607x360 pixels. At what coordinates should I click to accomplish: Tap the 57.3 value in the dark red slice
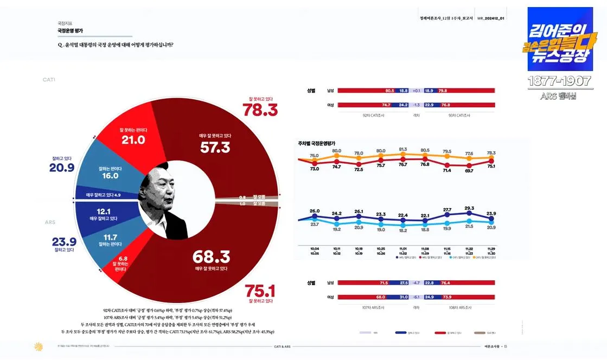click(215, 147)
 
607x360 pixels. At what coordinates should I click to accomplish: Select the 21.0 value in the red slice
click(133, 140)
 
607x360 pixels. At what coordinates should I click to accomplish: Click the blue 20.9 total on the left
click(61, 169)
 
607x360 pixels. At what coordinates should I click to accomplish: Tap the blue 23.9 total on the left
click(64, 241)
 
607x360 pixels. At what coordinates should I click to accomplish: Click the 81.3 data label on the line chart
click(402, 150)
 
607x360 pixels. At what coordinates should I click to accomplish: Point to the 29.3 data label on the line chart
click(469, 208)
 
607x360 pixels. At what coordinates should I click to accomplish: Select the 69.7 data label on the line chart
click(469, 171)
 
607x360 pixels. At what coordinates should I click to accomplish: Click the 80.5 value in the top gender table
click(389, 91)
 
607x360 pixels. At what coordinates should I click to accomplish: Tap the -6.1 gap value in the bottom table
click(416, 297)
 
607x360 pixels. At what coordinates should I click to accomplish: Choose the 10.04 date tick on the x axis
click(315, 249)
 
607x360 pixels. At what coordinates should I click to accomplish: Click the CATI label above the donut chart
click(49, 80)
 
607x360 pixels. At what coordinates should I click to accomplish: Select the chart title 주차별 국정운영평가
click(317, 143)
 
